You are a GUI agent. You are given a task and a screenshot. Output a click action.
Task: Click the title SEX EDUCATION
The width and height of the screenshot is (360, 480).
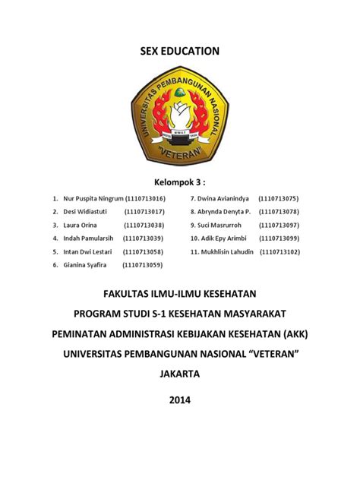[x=180, y=51]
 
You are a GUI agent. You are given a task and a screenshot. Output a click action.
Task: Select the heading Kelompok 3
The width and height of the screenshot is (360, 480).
[x=180, y=182]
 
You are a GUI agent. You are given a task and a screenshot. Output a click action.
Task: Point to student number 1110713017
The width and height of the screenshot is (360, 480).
[x=144, y=212]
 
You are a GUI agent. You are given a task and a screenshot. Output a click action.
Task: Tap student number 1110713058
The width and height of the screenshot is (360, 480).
[x=144, y=251]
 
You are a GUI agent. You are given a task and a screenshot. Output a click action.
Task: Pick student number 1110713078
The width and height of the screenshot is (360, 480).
[x=279, y=212]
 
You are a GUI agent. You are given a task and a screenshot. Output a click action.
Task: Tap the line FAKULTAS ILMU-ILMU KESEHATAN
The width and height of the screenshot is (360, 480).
[x=180, y=292]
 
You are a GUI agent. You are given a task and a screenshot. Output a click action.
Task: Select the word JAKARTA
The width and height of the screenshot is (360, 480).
[x=180, y=374]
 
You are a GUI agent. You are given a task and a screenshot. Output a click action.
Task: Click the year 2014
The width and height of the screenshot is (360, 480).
[x=180, y=399]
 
